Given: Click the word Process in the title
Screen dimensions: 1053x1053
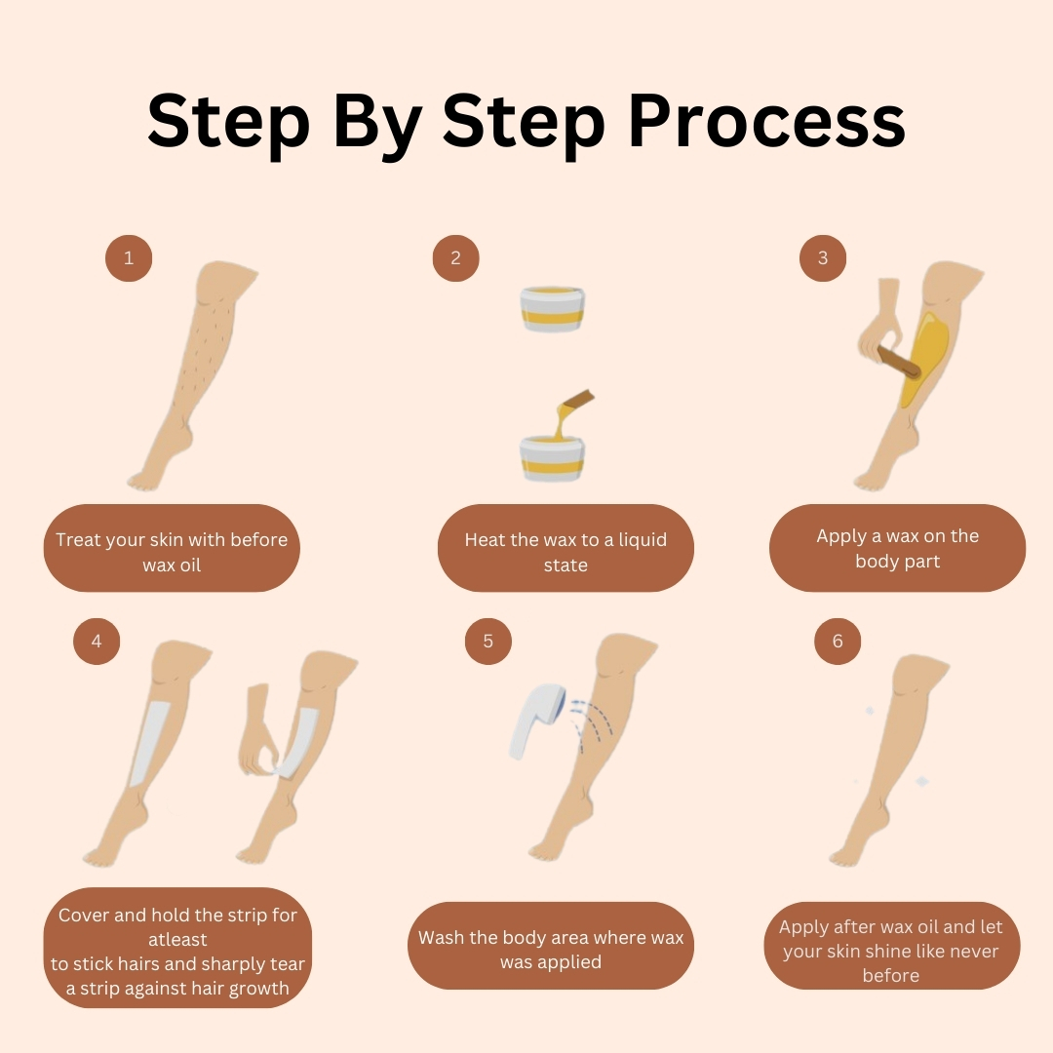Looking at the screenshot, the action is (766, 121).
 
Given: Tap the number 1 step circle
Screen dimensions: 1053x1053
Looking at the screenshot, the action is (129, 257).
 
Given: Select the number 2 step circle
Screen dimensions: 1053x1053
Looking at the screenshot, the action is (456, 257).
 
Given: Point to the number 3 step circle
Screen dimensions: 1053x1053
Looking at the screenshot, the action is (823, 257).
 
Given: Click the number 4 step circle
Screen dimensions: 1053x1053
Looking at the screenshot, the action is (97, 642).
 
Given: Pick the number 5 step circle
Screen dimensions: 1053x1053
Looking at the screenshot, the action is (488, 642).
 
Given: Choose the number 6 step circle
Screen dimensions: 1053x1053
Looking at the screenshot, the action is (838, 642).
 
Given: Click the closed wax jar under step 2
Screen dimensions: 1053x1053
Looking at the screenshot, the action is (552, 309).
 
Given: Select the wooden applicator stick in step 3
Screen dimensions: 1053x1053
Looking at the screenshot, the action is (899, 363).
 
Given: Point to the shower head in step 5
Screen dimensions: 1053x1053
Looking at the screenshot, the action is (537, 721).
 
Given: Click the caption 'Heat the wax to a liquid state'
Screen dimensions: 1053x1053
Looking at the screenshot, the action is (565, 552).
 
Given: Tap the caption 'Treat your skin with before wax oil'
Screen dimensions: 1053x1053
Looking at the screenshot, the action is (172, 552).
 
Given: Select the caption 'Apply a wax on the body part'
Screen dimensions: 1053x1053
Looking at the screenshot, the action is (898, 548).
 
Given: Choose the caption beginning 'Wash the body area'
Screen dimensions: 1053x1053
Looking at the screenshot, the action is (551, 950).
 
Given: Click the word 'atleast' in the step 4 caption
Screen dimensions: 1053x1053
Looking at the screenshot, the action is (178, 940).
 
